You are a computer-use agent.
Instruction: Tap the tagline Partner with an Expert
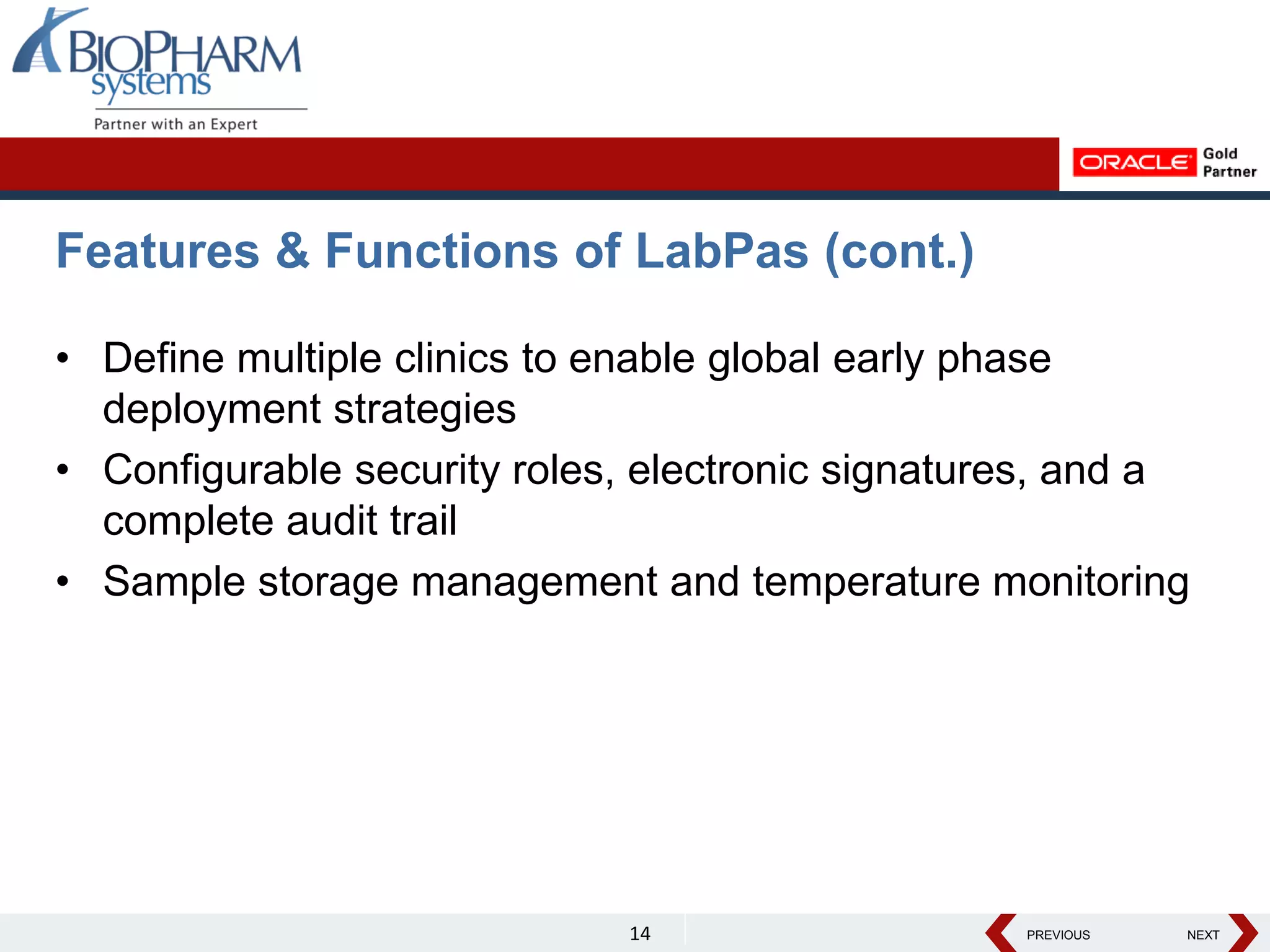(x=175, y=124)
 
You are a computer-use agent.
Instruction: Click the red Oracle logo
(x=1134, y=162)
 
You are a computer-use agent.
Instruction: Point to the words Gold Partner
(x=1228, y=162)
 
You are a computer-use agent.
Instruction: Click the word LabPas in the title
(x=722, y=251)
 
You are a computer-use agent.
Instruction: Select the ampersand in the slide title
(x=292, y=251)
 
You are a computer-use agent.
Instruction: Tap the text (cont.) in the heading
(x=899, y=251)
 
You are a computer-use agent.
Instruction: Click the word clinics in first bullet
(x=451, y=358)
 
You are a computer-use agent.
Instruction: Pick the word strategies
(x=425, y=410)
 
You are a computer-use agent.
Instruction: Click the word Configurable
(x=222, y=470)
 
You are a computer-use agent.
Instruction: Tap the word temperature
(x=866, y=582)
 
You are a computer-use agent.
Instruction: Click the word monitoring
(x=1091, y=582)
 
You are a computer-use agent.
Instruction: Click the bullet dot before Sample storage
(x=63, y=582)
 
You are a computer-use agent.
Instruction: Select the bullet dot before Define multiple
(x=63, y=358)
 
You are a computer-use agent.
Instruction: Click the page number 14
(x=640, y=933)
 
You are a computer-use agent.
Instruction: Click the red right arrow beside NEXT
(x=1243, y=933)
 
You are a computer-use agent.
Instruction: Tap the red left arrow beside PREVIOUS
(x=1000, y=933)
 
